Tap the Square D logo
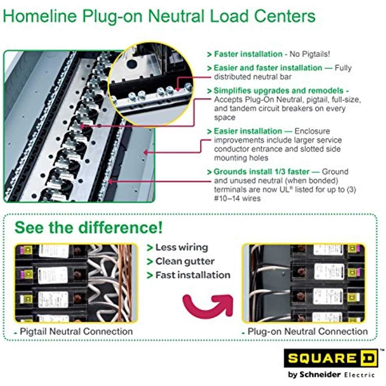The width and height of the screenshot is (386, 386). (x=331, y=358)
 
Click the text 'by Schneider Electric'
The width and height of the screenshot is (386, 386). (x=331, y=375)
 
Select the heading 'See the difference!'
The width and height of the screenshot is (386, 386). (x=89, y=227)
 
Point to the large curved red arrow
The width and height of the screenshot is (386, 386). (x=207, y=306)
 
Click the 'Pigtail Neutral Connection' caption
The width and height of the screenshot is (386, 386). (x=76, y=331)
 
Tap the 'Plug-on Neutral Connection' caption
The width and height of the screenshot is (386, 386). (x=308, y=331)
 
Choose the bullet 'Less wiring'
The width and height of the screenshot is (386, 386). (x=182, y=247)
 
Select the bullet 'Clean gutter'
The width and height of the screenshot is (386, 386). (x=185, y=261)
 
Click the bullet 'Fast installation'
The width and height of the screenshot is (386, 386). (x=193, y=275)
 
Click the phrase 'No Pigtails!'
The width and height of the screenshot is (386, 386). (x=310, y=54)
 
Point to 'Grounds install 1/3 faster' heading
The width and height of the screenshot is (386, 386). (x=261, y=172)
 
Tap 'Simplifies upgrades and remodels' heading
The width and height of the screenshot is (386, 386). (x=278, y=91)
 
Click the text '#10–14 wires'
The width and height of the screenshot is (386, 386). (x=237, y=198)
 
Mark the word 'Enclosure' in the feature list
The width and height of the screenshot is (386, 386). (x=312, y=131)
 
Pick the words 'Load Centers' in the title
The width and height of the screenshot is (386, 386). (x=263, y=16)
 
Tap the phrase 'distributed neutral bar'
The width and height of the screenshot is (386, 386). (x=252, y=77)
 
